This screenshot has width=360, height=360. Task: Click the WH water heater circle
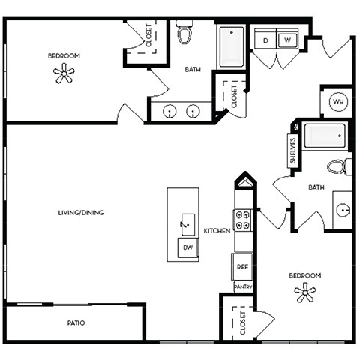[x=337, y=102]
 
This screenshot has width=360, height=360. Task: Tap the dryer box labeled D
[x=265, y=40]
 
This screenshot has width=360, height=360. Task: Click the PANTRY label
[x=243, y=286]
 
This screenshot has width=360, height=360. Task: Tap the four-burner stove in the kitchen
[x=243, y=220]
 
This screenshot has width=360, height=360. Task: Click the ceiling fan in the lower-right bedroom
[x=305, y=293]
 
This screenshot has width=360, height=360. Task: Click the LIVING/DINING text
[x=80, y=213]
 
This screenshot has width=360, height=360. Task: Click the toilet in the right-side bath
[x=339, y=166]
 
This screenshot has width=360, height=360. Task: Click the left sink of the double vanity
[x=170, y=112]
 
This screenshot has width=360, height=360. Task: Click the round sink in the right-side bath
[x=342, y=208]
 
